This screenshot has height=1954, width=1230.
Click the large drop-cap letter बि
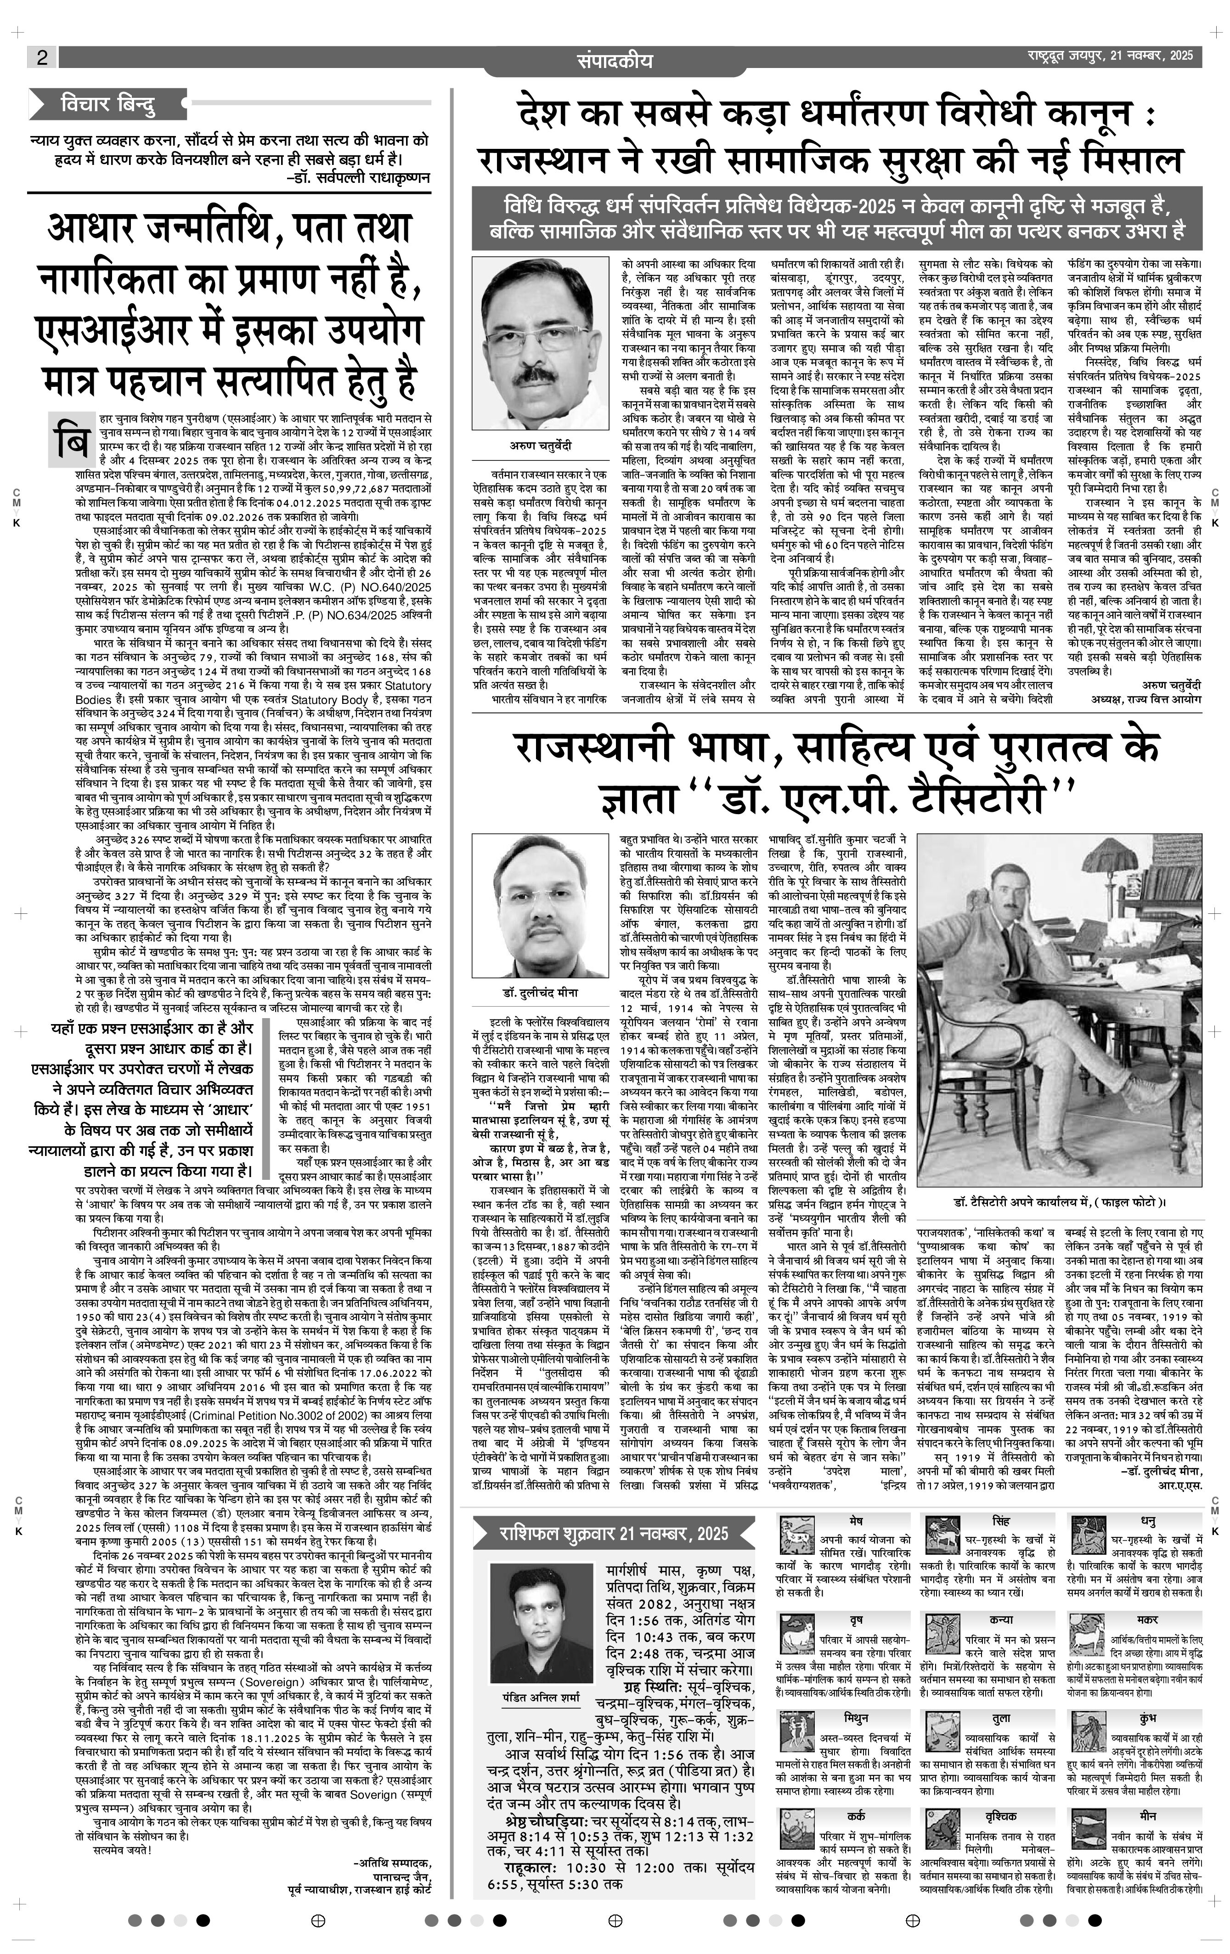71,440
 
